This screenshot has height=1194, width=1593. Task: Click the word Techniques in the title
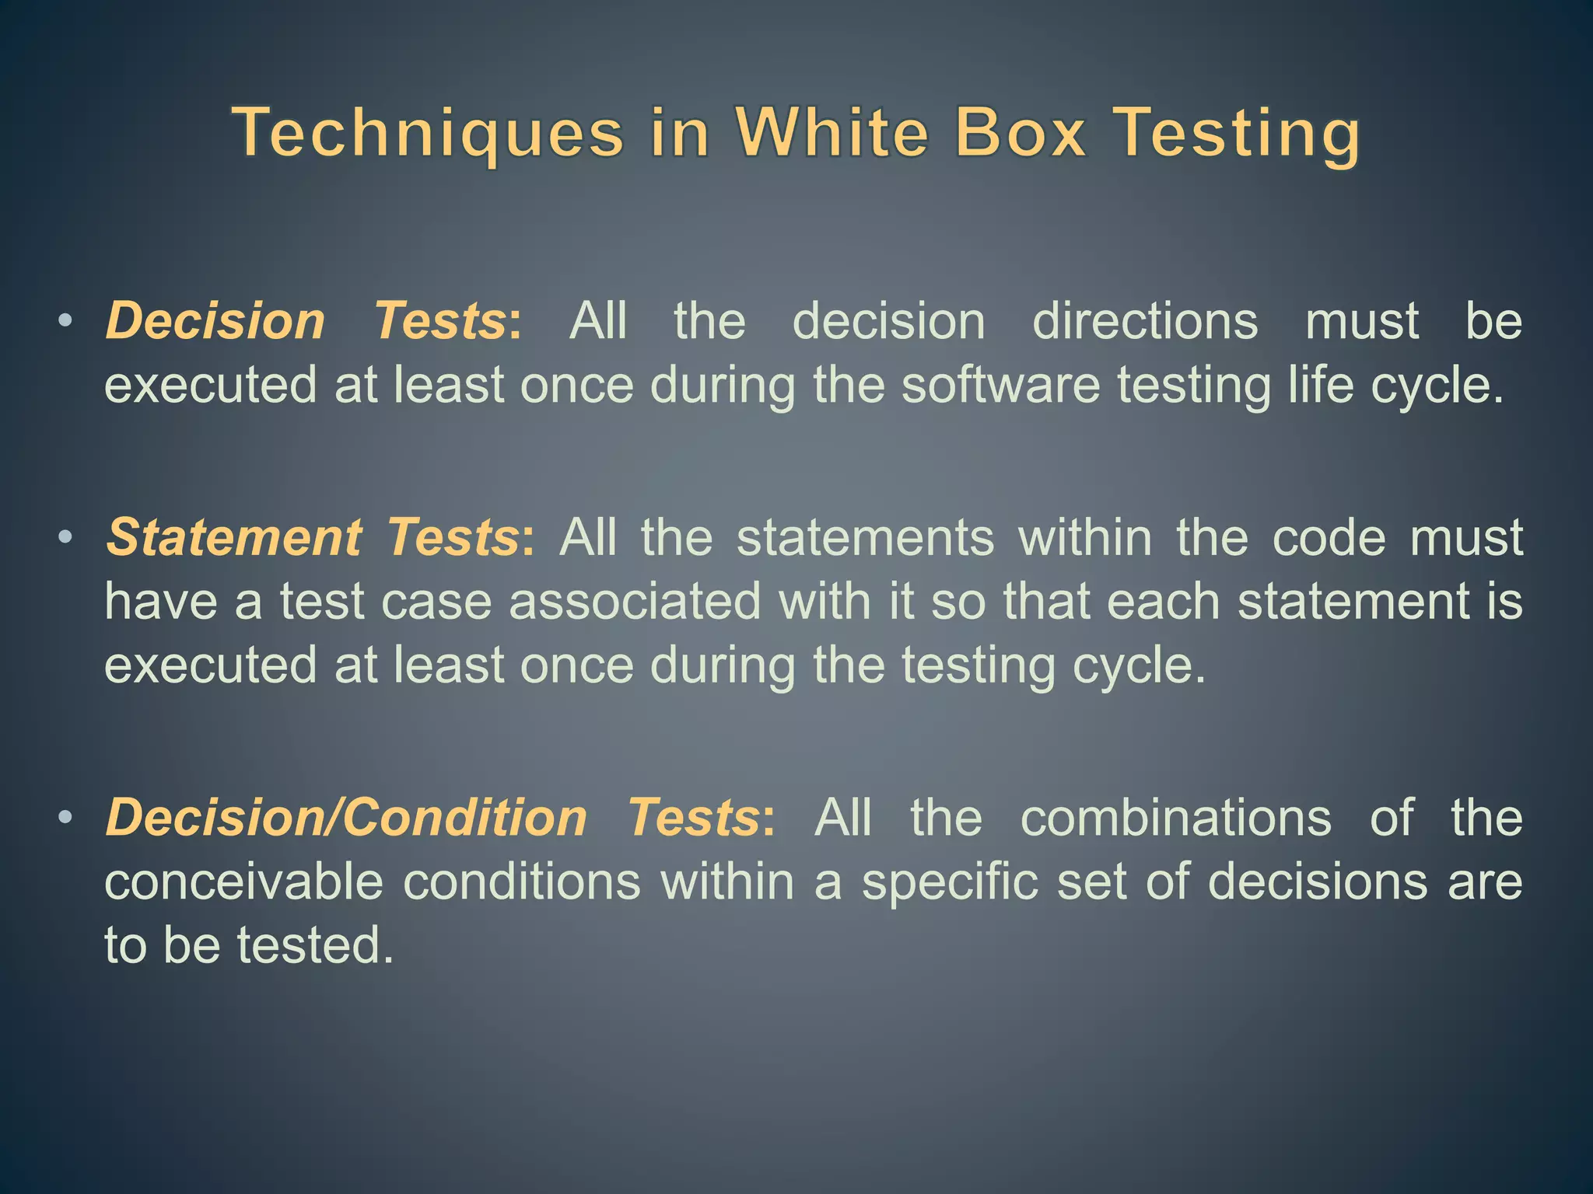point(428,134)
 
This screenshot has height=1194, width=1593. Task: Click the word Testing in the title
point(1237,134)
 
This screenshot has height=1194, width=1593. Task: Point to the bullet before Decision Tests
point(66,320)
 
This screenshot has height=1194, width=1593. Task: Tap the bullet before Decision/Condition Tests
point(66,817)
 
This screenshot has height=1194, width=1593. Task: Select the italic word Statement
point(233,537)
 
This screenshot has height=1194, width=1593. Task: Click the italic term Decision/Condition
point(346,818)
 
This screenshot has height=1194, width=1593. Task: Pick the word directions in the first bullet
point(1144,320)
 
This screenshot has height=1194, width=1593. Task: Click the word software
point(1000,385)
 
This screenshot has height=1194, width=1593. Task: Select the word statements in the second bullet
point(865,537)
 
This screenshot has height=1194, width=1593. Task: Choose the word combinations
point(1175,818)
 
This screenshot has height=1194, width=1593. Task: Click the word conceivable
point(243,882)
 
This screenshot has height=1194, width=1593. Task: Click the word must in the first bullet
point(1361,320)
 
